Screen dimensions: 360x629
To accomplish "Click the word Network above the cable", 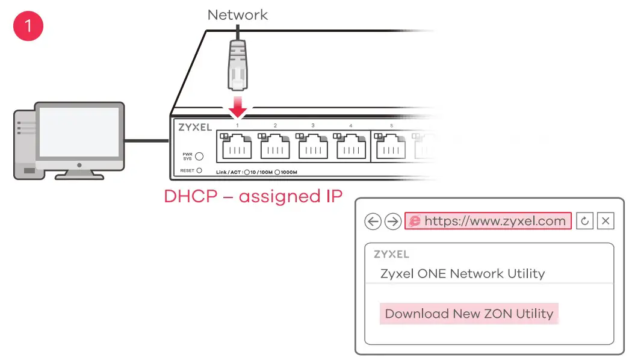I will click(x=238, y=14).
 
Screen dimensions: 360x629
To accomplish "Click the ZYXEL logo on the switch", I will click(x=195, y=127).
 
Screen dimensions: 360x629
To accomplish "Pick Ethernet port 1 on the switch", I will click(x=237, y=146).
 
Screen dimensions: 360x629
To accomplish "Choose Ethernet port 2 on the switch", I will click(x=275, y=146).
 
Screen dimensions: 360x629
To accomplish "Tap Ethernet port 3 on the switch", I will click(x=313, y=146).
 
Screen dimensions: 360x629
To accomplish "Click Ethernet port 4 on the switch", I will click(x=351, y=146).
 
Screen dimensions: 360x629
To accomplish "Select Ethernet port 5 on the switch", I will click(x=390, y=146).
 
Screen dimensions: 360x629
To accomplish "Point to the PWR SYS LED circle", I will click(x=199, y=157).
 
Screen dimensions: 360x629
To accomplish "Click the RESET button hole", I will click(x=199, y=171).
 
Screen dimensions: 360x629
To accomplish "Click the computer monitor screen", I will click(x=79, y=132).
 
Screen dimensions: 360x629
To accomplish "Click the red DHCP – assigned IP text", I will click(x=253, y=196).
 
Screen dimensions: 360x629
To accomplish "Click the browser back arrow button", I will click(x=373, y=222).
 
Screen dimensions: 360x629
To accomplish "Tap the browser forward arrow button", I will click(x=392, y=222).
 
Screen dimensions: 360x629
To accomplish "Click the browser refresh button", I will click(x=585, y=221).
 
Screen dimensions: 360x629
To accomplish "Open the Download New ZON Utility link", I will click(x=469, y=314).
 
